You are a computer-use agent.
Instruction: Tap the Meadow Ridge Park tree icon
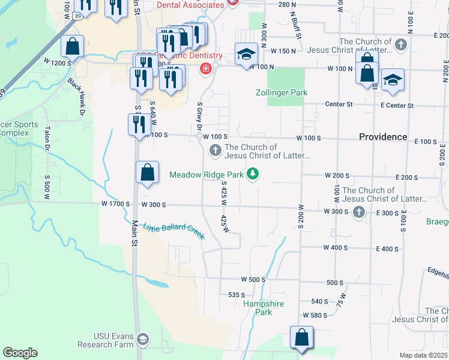254,175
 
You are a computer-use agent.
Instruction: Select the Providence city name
383,137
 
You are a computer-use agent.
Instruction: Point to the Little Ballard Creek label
174,231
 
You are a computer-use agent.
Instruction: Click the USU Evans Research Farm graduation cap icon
143,340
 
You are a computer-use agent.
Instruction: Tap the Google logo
20,353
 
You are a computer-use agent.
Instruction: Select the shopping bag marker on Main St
147,173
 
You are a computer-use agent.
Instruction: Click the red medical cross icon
206,69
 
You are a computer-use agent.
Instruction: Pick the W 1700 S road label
116,204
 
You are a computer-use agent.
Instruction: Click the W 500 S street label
253,280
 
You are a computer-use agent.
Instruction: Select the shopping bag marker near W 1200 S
73,46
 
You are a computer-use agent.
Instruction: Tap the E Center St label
397,106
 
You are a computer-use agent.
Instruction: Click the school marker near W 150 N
246,56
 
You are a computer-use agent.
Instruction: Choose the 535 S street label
237,295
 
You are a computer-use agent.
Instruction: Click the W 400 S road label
335,248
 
